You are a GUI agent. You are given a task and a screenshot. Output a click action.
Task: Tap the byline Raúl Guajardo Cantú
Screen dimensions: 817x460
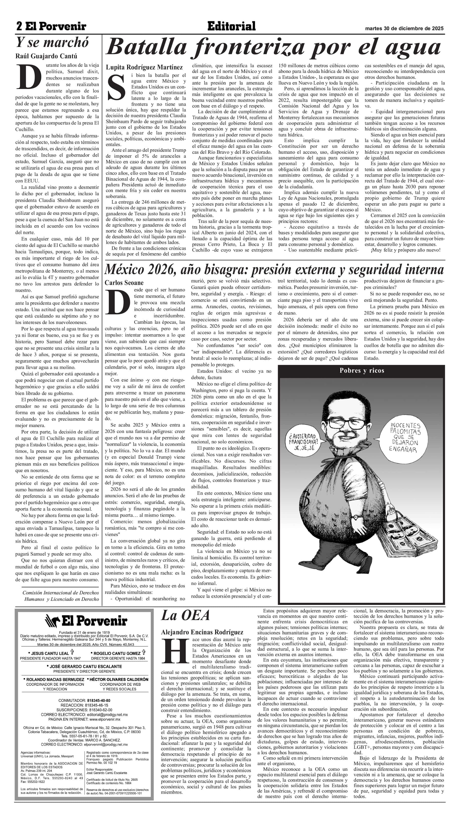click(46, 56)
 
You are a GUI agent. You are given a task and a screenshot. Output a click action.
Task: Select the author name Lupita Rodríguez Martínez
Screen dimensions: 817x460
click(144, 67)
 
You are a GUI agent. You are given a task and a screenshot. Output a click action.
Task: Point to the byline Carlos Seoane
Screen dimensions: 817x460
click(124, 282)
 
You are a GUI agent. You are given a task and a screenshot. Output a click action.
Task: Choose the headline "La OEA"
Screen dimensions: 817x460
click(185, 616)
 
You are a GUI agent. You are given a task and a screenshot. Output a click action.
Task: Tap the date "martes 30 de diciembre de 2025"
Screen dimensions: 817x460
click(404, 28)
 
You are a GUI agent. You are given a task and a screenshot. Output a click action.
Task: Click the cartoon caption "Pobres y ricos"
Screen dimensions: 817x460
click(362, 370)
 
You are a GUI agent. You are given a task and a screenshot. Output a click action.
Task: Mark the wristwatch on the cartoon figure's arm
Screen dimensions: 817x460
click(356, 517)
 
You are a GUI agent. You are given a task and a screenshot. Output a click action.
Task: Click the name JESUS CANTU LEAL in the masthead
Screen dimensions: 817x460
click(50, 653)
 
